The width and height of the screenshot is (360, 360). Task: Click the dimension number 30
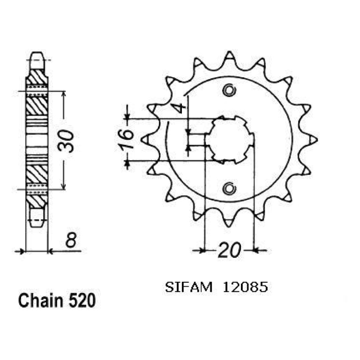pos(66,141)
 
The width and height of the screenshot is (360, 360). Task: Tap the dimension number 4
pos(180,108)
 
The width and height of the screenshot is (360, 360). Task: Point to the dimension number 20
pos(229,250)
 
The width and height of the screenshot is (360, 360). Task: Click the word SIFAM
pos(189,287)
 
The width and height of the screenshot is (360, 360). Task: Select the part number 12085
pos(245,287)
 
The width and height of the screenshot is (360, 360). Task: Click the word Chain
pos(41,300)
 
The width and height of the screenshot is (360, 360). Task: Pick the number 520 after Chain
pos(82,300)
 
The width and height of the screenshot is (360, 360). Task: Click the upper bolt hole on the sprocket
pos(229,90)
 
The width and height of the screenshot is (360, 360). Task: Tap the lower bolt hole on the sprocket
pos(229,189)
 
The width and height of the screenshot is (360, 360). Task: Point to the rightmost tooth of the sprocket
pos(312,140)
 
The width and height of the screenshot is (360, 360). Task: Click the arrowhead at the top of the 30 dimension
pos(64,95)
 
